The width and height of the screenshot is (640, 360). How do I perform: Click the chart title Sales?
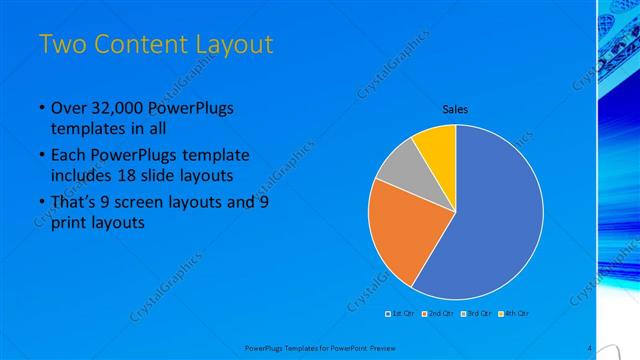pos(455,109)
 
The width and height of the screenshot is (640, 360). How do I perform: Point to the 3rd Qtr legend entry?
pos(476,313)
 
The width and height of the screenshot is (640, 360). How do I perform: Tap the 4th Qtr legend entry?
pos(514,313)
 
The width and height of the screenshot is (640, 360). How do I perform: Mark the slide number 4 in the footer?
pos(590,347)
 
